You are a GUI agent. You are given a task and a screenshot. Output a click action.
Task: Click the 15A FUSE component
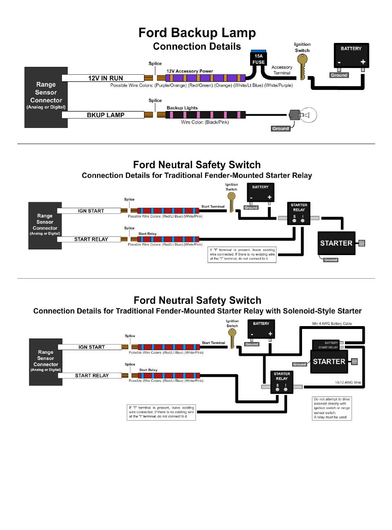[258, 58]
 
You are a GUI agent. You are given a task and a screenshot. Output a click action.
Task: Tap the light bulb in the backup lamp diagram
[302, 115]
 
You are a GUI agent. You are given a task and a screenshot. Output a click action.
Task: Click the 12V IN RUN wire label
[105, 78]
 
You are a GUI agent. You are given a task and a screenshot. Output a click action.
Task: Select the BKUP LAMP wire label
[105, 115]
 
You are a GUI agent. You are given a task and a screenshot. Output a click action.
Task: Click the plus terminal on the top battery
[363, 62]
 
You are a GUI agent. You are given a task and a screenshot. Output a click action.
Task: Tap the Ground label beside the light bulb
[281, 128]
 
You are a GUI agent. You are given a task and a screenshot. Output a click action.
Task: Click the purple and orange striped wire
[205, 78]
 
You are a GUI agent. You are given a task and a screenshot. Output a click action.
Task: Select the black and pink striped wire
[205, 115]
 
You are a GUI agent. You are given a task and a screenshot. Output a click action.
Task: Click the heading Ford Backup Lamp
[197, 33]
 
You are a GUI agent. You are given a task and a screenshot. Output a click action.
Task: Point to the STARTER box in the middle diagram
[336, 243]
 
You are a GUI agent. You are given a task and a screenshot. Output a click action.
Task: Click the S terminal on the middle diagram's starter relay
[294, 220]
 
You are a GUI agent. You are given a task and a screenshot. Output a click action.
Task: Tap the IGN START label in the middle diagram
[91, 211]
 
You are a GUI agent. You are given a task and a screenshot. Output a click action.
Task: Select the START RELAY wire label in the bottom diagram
[92, 375]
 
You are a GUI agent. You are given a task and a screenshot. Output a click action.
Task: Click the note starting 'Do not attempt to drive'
[332, 408]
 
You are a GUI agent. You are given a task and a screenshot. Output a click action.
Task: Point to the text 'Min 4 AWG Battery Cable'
[332, 324]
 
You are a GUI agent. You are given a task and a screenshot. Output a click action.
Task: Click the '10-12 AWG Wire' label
[348, 382]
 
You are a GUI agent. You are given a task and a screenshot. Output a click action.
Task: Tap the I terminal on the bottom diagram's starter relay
[286, 389]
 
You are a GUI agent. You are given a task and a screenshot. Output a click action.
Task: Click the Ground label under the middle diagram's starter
[331, 260]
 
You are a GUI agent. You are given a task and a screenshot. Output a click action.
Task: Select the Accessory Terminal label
[282, 70]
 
